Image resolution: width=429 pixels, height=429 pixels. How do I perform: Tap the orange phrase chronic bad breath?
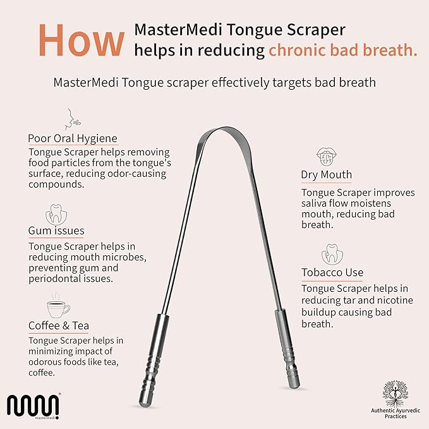click(x=343, y=51)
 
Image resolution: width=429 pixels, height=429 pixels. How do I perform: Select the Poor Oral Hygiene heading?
click(x=73, y=138)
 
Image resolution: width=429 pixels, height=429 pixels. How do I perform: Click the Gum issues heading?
click(x=56, y=231)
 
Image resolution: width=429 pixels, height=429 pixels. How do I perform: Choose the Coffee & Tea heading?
click(x=59, y=325)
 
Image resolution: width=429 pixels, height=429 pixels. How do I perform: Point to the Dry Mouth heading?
click(x=327, y=174)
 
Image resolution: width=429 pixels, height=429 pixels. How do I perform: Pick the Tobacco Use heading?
click(x=332, y=272)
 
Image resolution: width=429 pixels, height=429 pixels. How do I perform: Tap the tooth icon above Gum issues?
click(x=57, y=213)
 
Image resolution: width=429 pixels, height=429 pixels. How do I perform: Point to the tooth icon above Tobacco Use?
click(x=330, y=254)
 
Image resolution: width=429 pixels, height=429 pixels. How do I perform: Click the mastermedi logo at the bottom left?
click(x=33, y=407)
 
